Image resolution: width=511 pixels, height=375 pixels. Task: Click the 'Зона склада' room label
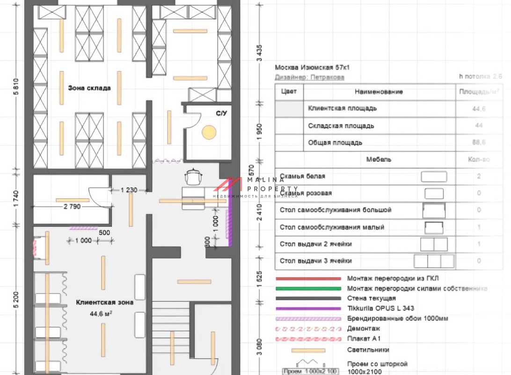[x=89, y=88]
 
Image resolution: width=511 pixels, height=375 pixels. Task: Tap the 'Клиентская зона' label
[x=104, y=302]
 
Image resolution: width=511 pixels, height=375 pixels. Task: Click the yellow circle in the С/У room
[x=208, y=132]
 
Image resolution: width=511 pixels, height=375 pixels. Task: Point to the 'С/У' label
[x=220, y=113]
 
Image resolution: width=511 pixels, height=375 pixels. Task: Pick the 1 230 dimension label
[x=129, y=190]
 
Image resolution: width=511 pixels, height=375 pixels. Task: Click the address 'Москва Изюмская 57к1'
[x=312, y=67]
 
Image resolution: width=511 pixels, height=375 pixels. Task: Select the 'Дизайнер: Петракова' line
[x=309, y=77]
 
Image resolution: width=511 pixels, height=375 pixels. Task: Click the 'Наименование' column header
[x=379, y=92]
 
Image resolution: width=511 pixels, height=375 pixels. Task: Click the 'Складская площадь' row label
[x=341, y=126]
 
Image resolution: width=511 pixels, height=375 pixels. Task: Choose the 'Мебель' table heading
[x=379, y=159]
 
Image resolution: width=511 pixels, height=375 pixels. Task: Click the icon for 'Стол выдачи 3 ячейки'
[x=434, y=261]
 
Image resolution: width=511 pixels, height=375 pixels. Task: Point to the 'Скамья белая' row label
[x=302, y=176]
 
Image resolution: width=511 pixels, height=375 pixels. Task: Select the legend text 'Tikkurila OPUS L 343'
[x=380, y=308]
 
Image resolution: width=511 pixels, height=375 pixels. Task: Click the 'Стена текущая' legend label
[x=371, y=298]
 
